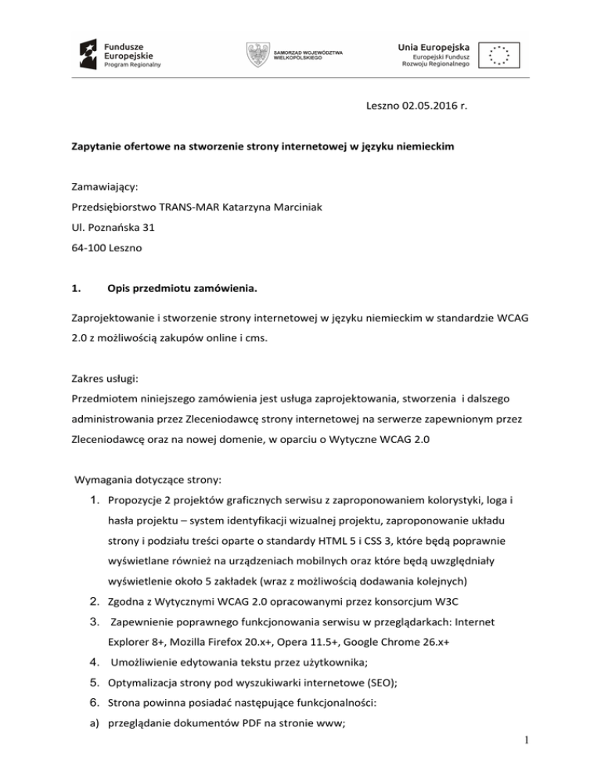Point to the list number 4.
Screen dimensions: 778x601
click(x=92, y=662)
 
